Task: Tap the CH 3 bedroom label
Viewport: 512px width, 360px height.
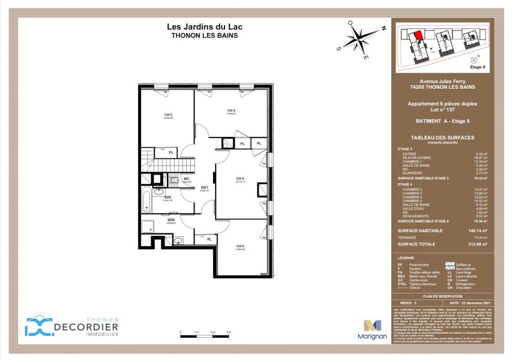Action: coord(231,110)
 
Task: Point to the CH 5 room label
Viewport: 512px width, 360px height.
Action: coord(240,247)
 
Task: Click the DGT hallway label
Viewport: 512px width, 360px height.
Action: coord(204,188)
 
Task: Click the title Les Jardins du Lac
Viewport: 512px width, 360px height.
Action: coord(205,26)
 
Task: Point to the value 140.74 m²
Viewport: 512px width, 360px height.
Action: coord(478,230)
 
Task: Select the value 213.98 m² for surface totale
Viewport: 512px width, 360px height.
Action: coord(478,244)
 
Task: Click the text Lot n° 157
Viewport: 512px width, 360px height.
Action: coord(442,110)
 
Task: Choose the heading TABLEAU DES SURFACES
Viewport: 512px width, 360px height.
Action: coord(442,137)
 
